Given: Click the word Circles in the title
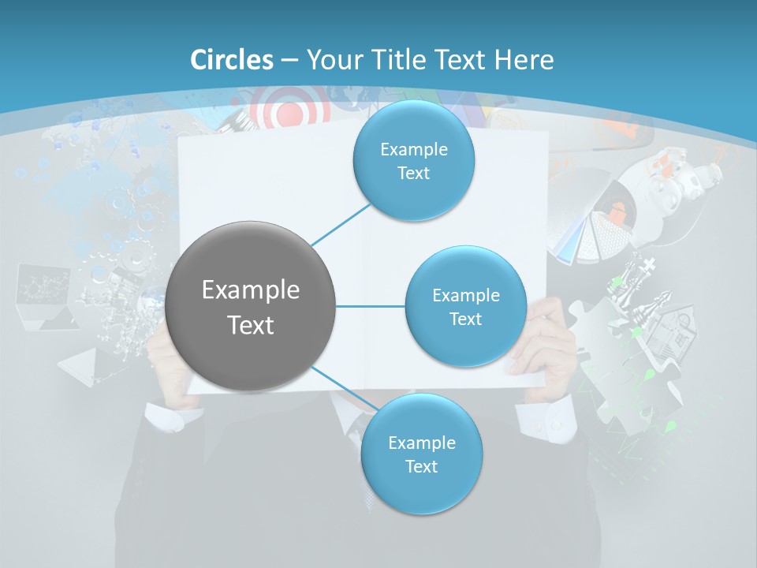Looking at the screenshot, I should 231,60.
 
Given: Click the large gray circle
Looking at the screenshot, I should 251,306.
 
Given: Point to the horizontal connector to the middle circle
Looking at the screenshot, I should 371,306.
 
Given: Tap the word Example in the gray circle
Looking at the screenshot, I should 251,290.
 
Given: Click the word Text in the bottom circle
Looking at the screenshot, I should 421,466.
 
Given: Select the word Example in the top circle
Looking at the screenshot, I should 413,150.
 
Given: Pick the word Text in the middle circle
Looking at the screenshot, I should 465,319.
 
